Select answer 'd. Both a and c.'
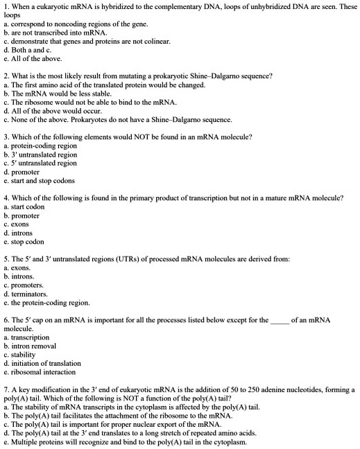point(27,50)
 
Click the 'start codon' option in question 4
point(27,206)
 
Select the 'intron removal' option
point(33,346)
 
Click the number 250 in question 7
point(234,390)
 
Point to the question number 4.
point(6,198)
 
